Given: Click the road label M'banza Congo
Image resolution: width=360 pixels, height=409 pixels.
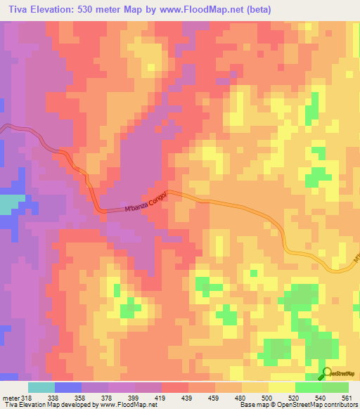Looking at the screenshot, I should [146, 200].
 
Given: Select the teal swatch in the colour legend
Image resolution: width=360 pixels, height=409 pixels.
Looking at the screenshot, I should [41, 387].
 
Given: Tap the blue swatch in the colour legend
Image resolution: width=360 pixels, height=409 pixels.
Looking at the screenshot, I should [67, 387].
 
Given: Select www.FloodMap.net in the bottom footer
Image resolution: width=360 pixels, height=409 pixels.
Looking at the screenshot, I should [126, 405].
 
